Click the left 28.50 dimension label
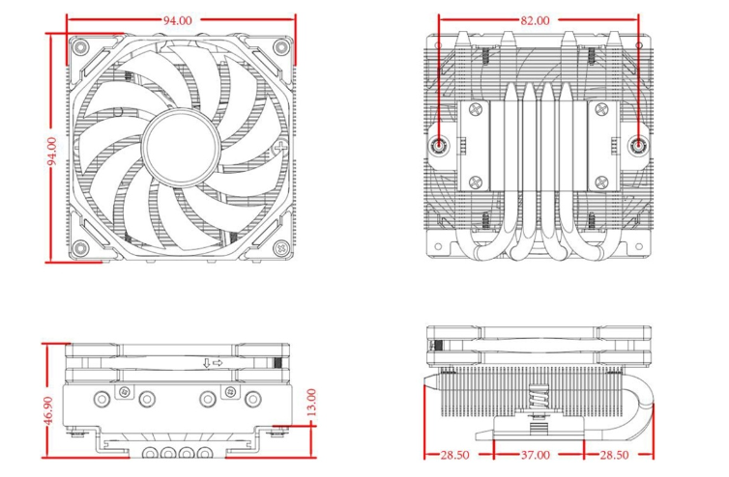point(454,454)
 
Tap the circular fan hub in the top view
point(181,147)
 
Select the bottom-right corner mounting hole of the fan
point(280,246)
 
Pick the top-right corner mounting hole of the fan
point(280,46)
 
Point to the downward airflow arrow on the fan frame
point(206,363)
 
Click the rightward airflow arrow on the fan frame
point(219,363)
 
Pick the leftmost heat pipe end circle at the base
point(153,454)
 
